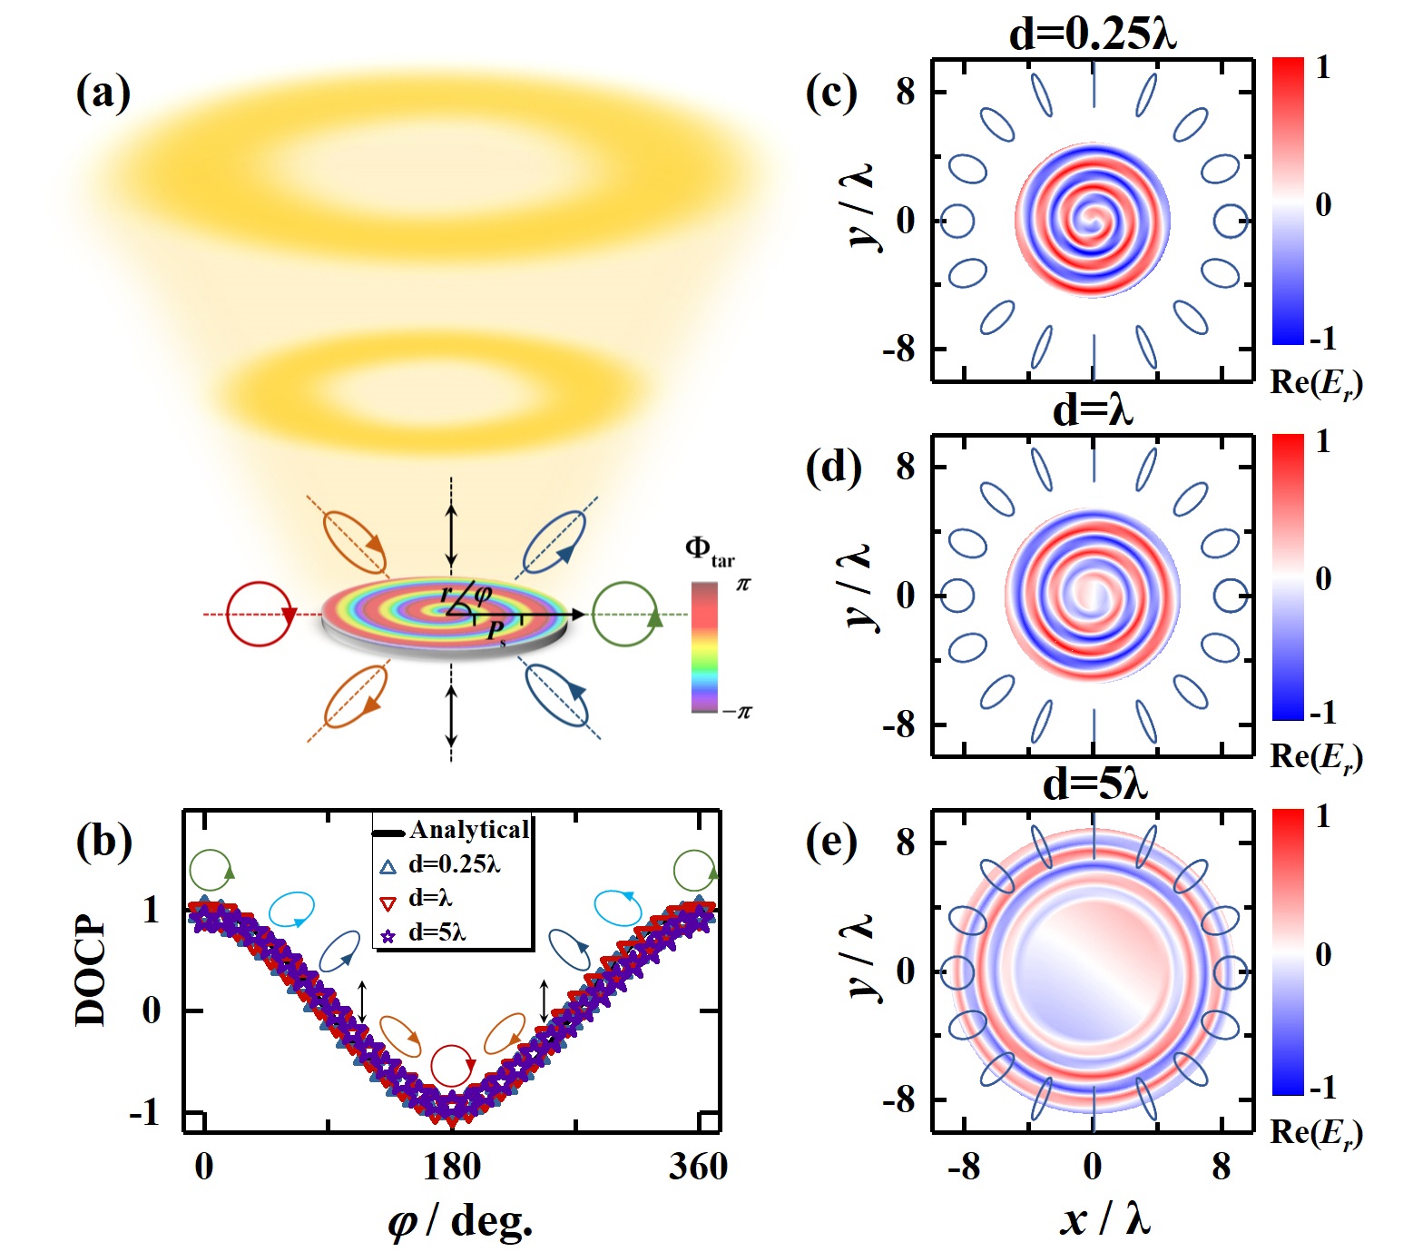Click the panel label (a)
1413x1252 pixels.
(x=103, y=94)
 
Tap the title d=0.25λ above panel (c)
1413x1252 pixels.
(x=1093, y=35)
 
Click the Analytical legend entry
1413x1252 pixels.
(x=468, y=830)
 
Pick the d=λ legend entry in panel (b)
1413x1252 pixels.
(x=430, y=899)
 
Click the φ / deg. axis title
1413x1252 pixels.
(x=460, y=1222)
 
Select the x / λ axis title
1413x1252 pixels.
(x=1104, y=1217)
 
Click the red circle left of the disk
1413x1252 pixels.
(x=260, y=615)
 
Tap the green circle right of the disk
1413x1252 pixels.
(x=625, y=615)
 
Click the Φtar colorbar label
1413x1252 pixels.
(x=708, y=551)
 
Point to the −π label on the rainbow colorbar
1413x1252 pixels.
(x=737, y=711)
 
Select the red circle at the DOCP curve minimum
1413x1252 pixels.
(x=452, y=1065)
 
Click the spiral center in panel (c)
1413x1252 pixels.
(x=1094, y=220)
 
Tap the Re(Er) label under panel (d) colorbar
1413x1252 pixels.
(x=1316, y=757)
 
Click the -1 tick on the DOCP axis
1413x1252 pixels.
(x=145, y=1112)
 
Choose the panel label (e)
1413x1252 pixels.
(x=831, y=843)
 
